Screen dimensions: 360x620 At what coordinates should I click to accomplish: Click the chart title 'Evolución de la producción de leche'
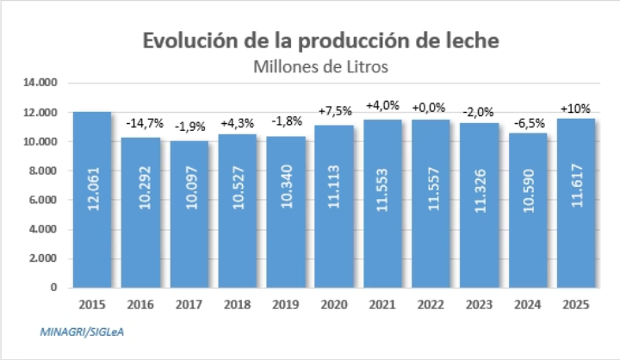coord(320,41)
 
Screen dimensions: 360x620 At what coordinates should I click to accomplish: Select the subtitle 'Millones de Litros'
coord(320,65)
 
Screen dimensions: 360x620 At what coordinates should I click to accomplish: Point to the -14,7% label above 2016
coord(140,126)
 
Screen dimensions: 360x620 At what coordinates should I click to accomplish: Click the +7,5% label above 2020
coord(334,112)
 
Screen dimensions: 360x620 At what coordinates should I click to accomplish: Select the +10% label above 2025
coord(575,109)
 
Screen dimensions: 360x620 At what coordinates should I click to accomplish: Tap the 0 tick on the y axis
coord(53,288)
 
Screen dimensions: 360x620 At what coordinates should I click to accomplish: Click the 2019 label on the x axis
coord(286,305)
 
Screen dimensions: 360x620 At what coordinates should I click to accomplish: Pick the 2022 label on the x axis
coord(431,305)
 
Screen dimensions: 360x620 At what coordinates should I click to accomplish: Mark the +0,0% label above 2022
coord(431,109)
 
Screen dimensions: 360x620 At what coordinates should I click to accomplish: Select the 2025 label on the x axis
coord(575,305)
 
